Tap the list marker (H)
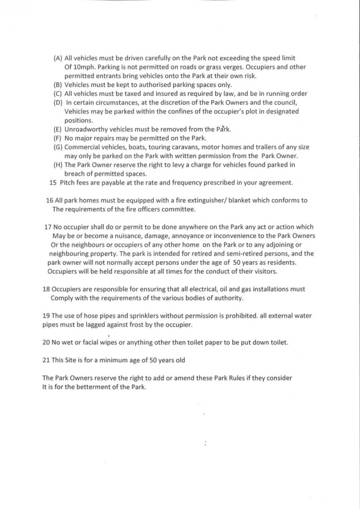pos(58,165)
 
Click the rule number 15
pos(53,183)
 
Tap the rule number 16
pos(49,201)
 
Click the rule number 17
pos(48,227)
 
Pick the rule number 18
pos(46,289)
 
